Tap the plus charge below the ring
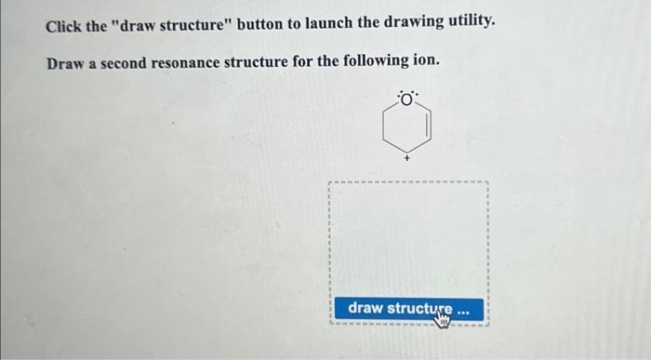[406, 160]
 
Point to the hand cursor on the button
[443, 316]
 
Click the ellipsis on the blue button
[464, 308]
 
